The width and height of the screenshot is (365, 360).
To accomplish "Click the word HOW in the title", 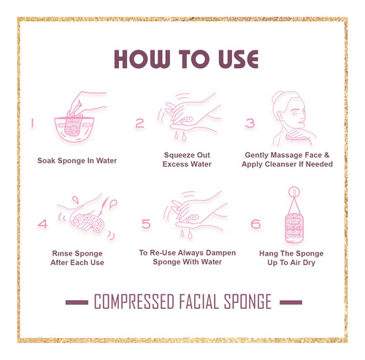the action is [142, 59].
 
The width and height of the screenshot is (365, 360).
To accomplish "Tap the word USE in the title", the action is [238, 59].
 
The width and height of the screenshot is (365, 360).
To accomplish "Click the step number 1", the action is [32, 123].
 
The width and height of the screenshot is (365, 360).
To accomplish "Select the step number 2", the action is [139, 123].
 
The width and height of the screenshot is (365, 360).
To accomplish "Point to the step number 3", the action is [250, 123].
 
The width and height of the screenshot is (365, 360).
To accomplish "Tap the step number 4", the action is [42, 224].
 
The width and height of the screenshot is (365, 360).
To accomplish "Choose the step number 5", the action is [146, 224].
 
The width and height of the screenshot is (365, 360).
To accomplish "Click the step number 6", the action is [255, 224].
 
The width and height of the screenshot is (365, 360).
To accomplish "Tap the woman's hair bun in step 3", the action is [277, 96].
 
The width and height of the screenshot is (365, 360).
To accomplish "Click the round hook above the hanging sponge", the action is [294, 192].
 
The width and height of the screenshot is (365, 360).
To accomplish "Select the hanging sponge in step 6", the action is [294, 228].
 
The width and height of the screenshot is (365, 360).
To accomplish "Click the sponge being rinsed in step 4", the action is [87, 223].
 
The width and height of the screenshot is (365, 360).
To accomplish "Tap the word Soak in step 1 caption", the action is [46, 161].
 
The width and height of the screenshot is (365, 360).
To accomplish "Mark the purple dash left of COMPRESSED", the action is [77, 302].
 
